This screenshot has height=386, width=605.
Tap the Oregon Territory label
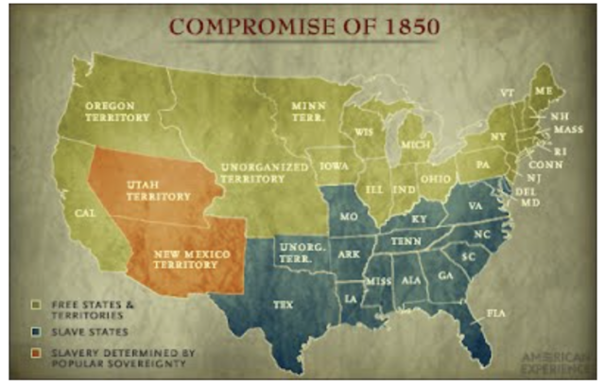pos(118,112)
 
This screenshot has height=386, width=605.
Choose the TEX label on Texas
pos(283,305)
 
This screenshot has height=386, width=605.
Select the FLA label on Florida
pos(495,311)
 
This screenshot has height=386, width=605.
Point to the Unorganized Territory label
pos(266,171)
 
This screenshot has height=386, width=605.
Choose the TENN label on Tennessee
pos(406,241)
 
